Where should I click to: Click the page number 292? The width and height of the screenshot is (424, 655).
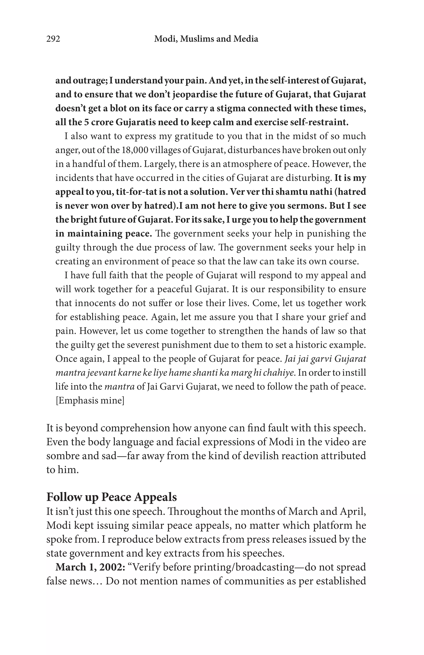pos(53,39)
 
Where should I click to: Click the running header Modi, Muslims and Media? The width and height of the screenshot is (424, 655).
pos(206,39)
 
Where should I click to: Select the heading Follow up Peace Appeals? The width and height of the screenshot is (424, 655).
pos(111,497)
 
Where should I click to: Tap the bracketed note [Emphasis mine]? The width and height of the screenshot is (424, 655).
pos(90,400)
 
